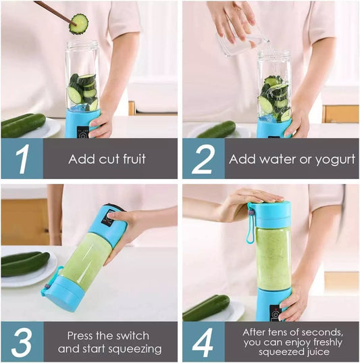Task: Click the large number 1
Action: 22,160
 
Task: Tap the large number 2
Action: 203,160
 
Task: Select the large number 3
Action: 22,342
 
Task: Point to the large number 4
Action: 203,342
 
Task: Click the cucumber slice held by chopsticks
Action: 79,24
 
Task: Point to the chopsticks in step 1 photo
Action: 53,11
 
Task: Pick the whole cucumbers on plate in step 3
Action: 24,264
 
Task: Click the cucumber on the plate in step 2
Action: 216,129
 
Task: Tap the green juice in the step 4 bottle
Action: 273,257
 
